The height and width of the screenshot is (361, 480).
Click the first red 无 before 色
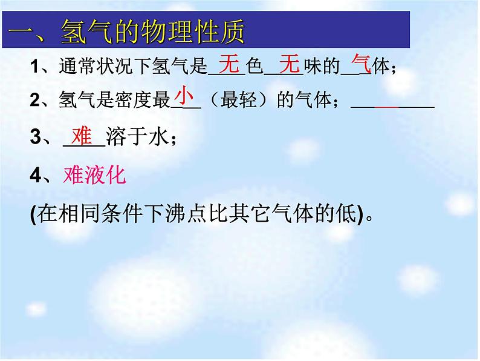(x=229, y=63)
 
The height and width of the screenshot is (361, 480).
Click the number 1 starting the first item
(x=33, y=67)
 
